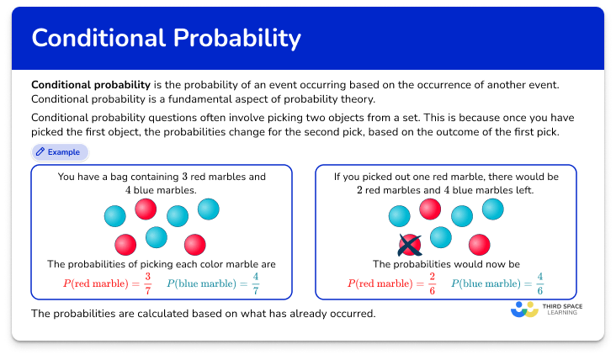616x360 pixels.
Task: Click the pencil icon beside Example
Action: pyautogui.click(x=40, y=152)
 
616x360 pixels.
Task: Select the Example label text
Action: pyautogui.click(x=64, y=152)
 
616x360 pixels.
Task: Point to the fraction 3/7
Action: pyautogui.click(x=148, y=283)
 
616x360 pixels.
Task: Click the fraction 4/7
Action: pyautogui.click(x=256, y=283)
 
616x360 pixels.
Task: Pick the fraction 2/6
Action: pyautogui.click(x=433, y=283)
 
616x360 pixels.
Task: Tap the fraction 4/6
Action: pyautogui.click(x=540, y=283)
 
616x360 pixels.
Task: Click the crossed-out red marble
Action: pyautogui.click(x=409, y=245)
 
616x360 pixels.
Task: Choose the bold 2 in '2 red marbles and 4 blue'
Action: pyautogui.click(x=359, y=190)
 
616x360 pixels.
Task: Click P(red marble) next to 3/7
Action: pyautogui.click(x=98, y=283)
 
